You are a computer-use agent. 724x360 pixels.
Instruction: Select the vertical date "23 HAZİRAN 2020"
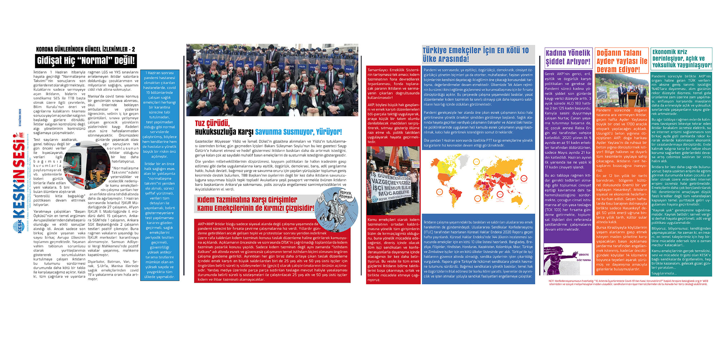pos(20,118)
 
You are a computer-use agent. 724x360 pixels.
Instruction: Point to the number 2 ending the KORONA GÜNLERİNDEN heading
pos(133,49)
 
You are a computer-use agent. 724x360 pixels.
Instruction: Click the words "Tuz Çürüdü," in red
pos(212,123)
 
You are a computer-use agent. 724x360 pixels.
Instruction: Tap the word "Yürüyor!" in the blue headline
pos(329,132)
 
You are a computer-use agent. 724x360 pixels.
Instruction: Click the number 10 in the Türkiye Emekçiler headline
pos(525,51)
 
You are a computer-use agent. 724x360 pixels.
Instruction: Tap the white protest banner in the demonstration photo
pos(391,184)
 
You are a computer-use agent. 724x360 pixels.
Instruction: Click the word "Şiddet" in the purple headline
pos(554,62)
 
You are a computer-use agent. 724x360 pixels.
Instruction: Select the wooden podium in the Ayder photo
pos(632,98)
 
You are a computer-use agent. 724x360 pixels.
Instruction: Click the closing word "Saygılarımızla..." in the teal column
pos(664,273)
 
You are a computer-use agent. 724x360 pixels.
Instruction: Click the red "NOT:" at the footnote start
pos(551,281)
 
